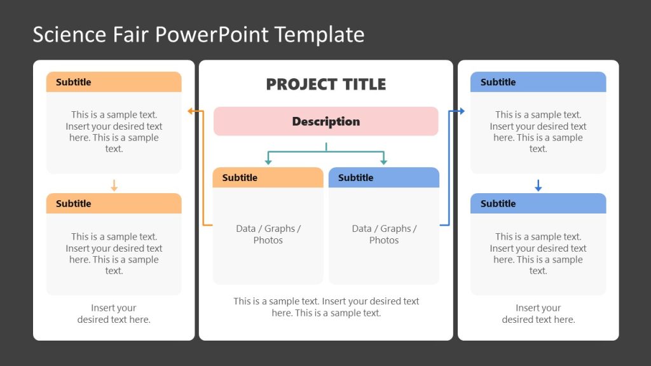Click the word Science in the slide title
coord(61,34)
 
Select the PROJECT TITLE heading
coord(325,84)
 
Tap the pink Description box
coord(325,121)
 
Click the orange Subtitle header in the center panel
coord(268,178)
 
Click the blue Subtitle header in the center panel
coord(383,178)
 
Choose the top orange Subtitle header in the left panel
coord(114,82)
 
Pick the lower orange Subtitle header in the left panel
coord(114,203)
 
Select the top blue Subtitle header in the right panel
coord(538,82)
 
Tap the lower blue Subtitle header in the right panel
coord(538,203)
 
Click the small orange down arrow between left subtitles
coord(114,186)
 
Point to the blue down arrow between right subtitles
coord(538,186)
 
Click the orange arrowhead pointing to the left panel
coord(191,111)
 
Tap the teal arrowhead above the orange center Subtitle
coord(268,162)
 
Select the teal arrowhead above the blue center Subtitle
coord(383,162)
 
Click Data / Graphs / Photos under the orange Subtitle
coord(268,234)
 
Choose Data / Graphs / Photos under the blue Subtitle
coord(383,234)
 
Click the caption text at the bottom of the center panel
coord(325,307)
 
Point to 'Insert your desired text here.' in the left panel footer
coord(114,314)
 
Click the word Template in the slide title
coord(320,34)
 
